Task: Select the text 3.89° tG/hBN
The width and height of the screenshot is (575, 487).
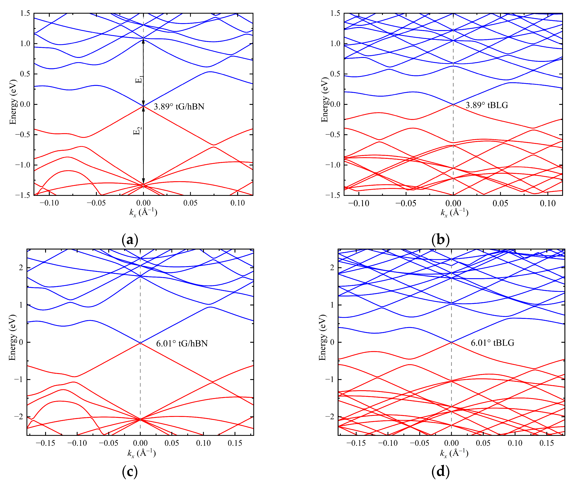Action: [x=179, y=107]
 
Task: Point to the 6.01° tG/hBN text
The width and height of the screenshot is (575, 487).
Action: [x=182, y=343]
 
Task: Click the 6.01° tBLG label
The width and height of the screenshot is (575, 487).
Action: [x=492, y=343]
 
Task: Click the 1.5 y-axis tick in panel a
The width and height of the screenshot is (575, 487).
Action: [x=25, y=13]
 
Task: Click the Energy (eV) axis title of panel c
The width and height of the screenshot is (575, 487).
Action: [x=12, y=337]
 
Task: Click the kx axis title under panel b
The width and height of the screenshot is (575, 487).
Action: [x=454, y=213]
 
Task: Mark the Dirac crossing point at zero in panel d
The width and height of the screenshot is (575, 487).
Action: [x=451, y=342]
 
